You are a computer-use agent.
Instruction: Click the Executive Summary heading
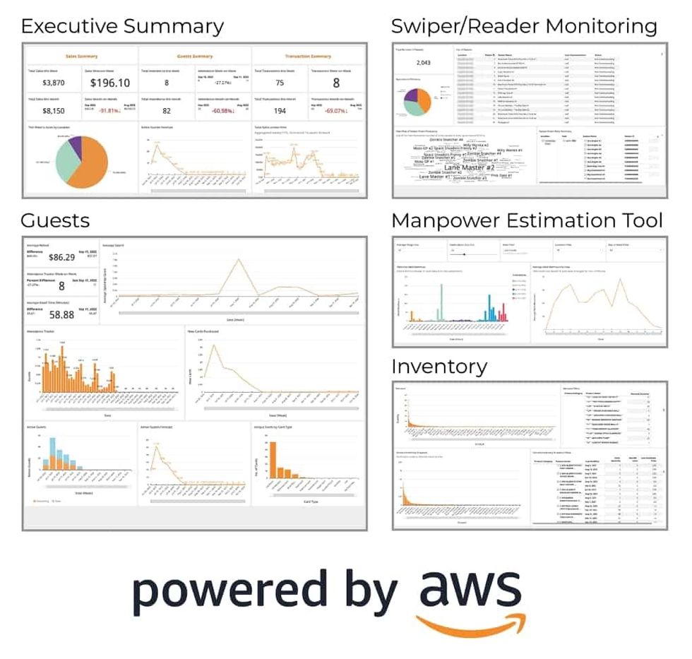(122, 26)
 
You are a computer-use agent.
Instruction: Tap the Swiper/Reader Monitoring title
(524, 26)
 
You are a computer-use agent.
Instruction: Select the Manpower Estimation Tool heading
(527, 220)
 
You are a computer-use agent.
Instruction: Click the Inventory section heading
(439, 367)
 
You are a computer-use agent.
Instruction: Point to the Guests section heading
(55, 220)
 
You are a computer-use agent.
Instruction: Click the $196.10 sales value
(111, 83)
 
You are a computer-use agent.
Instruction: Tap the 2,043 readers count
(424, 63)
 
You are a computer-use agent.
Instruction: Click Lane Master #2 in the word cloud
(470, 167)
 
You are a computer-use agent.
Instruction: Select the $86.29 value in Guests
(61, 257)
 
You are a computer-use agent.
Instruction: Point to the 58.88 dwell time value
(62, 315)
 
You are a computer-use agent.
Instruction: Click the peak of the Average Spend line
(239, 259)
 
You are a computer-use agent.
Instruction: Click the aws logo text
(470, 592)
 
